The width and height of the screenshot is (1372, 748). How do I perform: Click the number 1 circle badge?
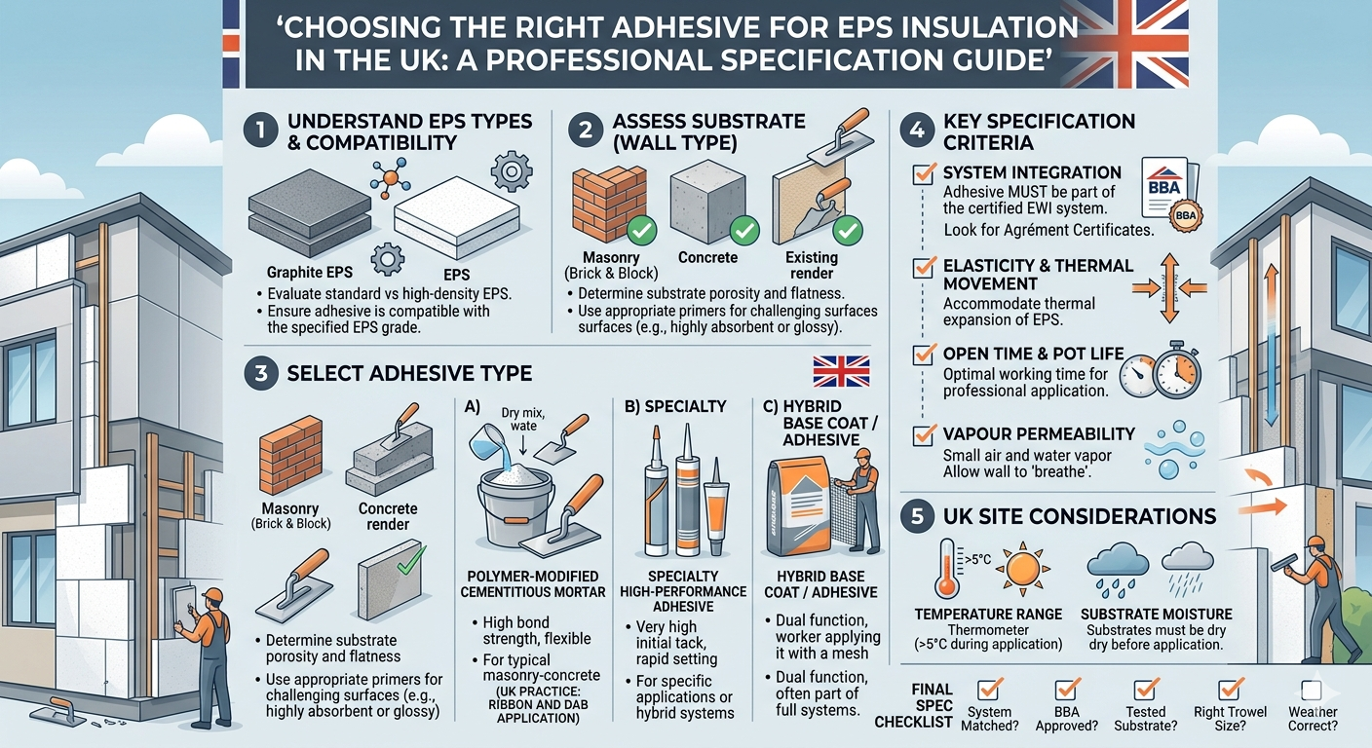pyautogui.click(x=258, y=133)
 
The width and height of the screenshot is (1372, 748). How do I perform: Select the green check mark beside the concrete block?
pyautogui.click(x=745, y=231)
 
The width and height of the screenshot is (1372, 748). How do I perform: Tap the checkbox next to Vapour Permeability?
pyautogui.click(x=922, y=435)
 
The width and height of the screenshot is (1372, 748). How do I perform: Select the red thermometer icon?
pyautogui.click(x=947, y=570)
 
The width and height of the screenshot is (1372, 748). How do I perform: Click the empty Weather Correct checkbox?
pyautogui.click(x=1312, y=691)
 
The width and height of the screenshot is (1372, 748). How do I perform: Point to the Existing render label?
pyautogui.click(x=812, y=265)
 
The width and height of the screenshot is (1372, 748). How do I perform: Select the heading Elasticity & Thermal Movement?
pyautogui.click(x=1038, y=274)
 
